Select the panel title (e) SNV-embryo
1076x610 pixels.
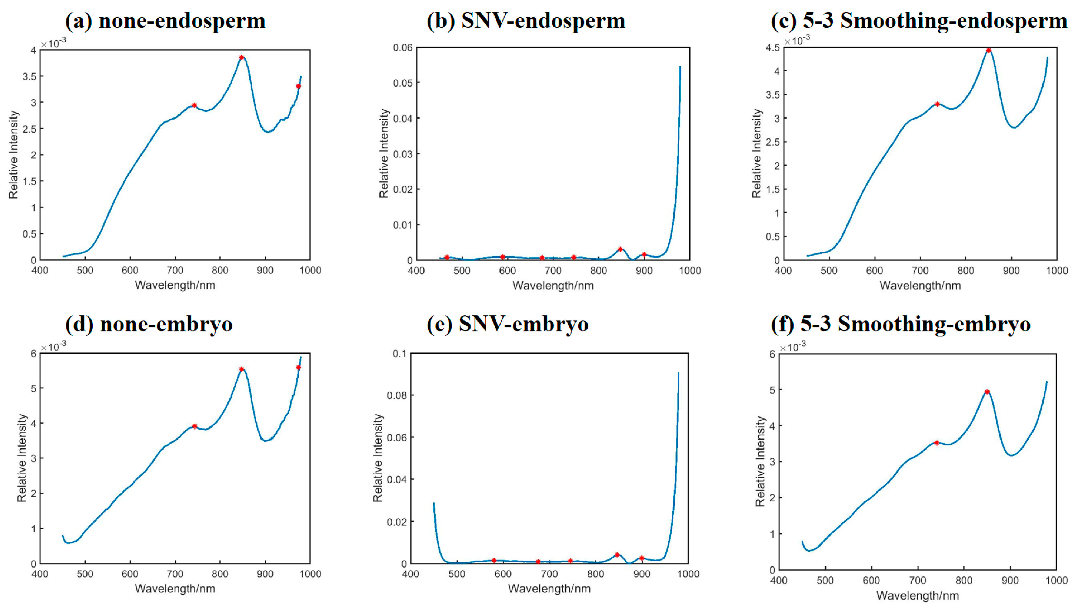point(507,324)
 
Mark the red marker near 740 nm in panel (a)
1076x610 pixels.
point(194,105)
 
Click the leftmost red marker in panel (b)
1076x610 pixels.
point(447,257)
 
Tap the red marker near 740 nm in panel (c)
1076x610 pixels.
point(937,104)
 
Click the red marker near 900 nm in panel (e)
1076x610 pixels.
point(642,558)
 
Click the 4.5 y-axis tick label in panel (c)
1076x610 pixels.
point(773,48)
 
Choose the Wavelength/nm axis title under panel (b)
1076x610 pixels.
point(553,286)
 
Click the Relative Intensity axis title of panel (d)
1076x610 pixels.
point(22,458)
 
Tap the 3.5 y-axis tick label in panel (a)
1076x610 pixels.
point(29,76)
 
